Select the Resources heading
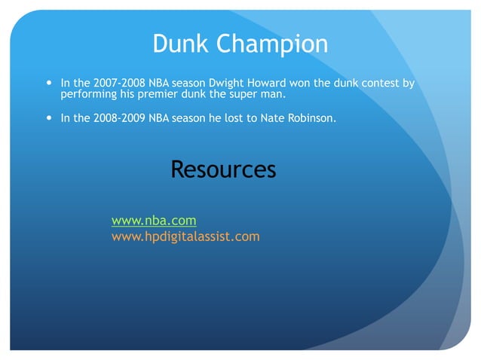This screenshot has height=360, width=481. tap(223, 169)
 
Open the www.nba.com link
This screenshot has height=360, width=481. tap(154, 221)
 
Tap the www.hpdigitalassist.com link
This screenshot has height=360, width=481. tap(185, 236)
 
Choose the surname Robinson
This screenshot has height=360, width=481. tap(309, 118)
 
